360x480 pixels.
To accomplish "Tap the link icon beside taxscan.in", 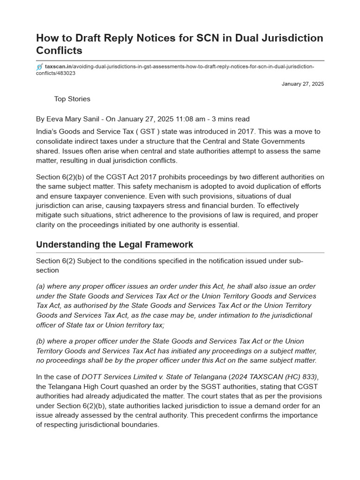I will click(x=40, y=67).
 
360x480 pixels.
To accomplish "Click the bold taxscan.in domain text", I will click(x=58, y=67).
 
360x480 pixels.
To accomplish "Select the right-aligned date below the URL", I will click(x=302, y=84).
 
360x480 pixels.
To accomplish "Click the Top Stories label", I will click(x=72, y=99).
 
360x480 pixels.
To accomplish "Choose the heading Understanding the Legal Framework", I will click(x=114, y=245).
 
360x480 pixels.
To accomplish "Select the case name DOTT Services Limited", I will click(x=120, y=377).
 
